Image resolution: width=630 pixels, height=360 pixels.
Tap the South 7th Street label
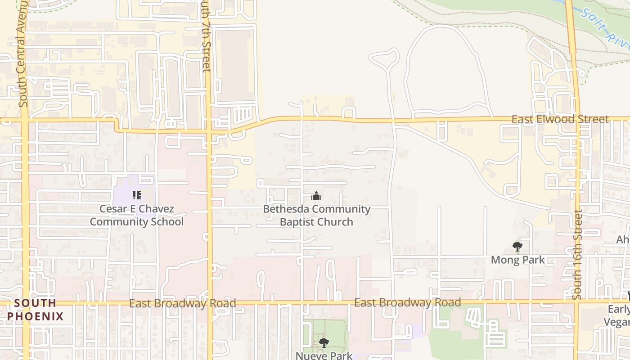click(205, 36)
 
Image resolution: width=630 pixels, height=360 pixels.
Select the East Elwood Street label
click(560, 119)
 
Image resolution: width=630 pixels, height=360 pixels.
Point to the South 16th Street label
click(578, 255)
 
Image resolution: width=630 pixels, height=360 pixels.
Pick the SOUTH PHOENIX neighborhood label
click(36, 309)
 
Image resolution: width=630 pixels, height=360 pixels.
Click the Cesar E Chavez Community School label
click(137, 215)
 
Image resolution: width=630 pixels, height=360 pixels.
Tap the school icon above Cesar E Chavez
click(137, 195)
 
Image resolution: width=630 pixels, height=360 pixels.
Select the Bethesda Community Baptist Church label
click(316, 215)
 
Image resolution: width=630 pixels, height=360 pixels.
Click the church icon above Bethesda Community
click(316, 196)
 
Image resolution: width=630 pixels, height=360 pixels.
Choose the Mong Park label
click(517, 260)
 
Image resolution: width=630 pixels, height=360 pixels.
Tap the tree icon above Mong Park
click(517, 247)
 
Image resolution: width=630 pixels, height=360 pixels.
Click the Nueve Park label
click(324, 355)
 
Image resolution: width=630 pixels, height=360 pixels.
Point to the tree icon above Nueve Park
click(324, 343)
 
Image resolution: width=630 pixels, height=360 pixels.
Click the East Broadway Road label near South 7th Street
click(182, 303)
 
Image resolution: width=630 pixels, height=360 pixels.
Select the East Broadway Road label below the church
click(407, 302)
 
